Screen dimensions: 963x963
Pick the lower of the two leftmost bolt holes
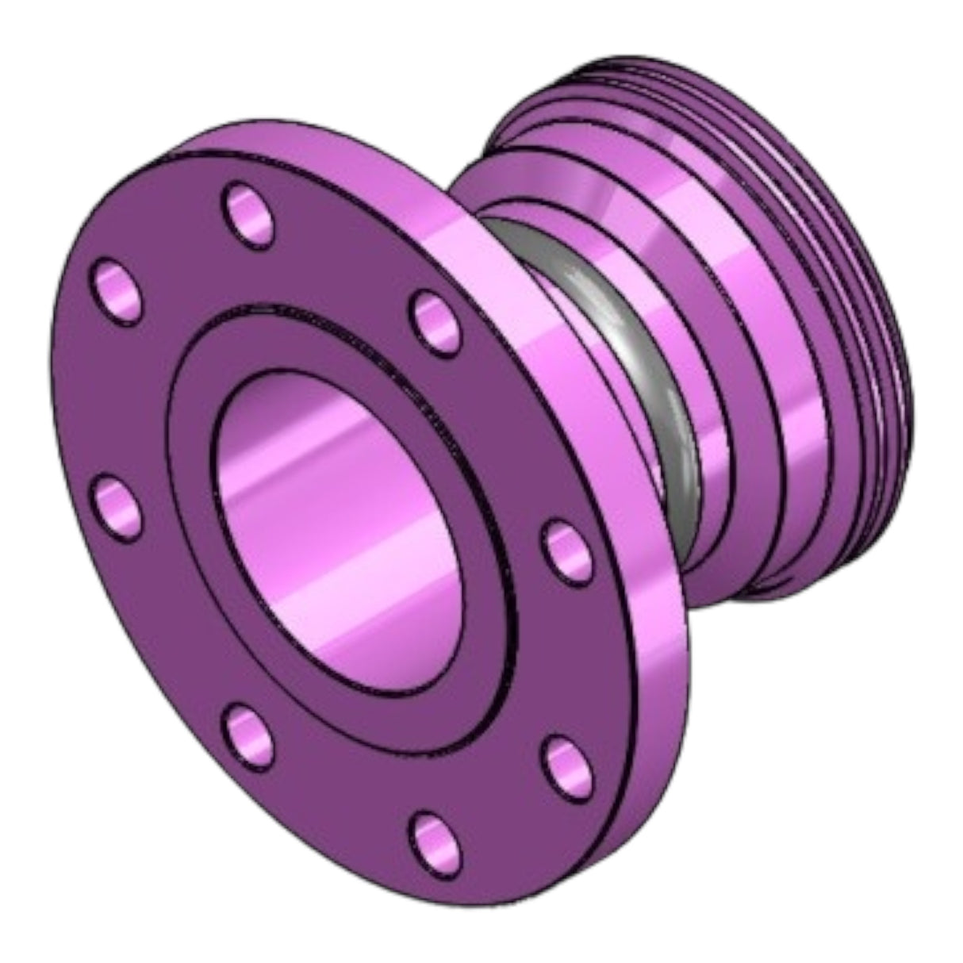point(117,502)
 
